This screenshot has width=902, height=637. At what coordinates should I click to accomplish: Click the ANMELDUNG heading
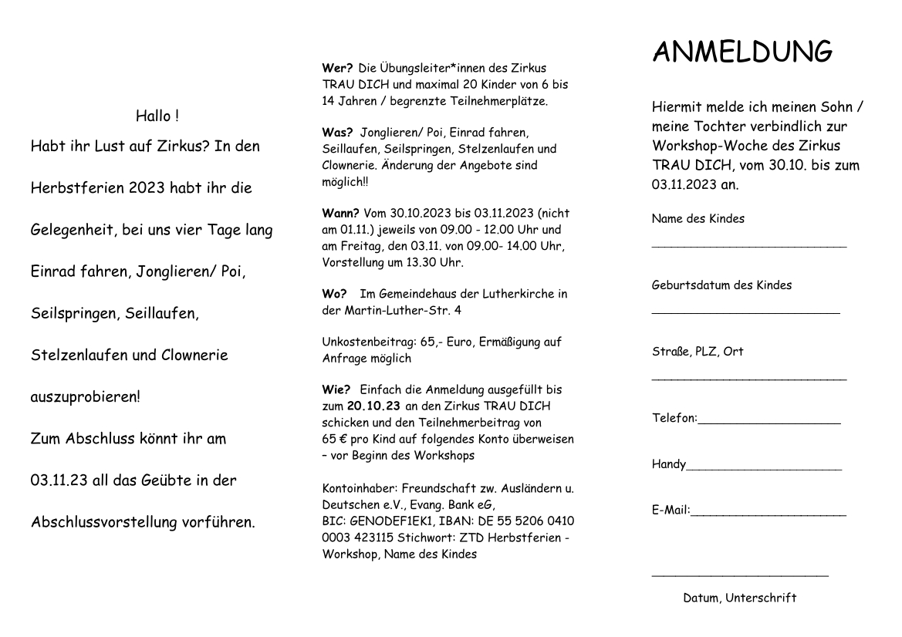[x=742, y=52]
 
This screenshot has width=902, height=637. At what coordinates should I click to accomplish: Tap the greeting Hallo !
[x=157, y=116]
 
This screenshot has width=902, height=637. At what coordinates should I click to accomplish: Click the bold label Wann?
[x=340, y=213]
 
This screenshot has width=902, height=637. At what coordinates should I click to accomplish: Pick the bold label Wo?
[x=334, y=294]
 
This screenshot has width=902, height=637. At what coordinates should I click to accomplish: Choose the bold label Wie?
[x=336, y=389]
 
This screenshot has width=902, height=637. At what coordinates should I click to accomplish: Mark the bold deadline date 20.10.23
[x=374, y=406]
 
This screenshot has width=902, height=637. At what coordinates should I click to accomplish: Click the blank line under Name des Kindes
[x=748, y=246]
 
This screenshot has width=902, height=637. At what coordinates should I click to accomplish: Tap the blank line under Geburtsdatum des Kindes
[x=745, y=312]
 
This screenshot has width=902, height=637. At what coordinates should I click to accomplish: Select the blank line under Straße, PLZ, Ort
[x=748, y=379]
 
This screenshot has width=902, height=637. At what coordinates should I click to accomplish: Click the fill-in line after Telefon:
[x=769, y=423]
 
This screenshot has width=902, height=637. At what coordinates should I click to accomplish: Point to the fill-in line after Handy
[x=764, y=468]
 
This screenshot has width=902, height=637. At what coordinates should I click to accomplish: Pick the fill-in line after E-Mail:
[x=769, y=514]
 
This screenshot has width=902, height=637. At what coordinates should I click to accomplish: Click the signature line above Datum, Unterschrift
[x=739, y=575]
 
